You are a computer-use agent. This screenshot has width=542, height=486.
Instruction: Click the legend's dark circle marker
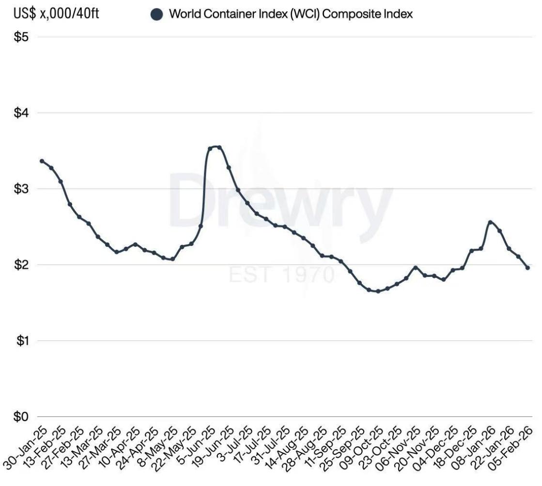(156, 15)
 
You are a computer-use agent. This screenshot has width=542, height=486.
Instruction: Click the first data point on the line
(42, 161)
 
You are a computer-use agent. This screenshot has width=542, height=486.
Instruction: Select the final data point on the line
(528, 268)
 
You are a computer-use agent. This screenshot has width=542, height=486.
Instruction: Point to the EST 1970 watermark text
(281, 274)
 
